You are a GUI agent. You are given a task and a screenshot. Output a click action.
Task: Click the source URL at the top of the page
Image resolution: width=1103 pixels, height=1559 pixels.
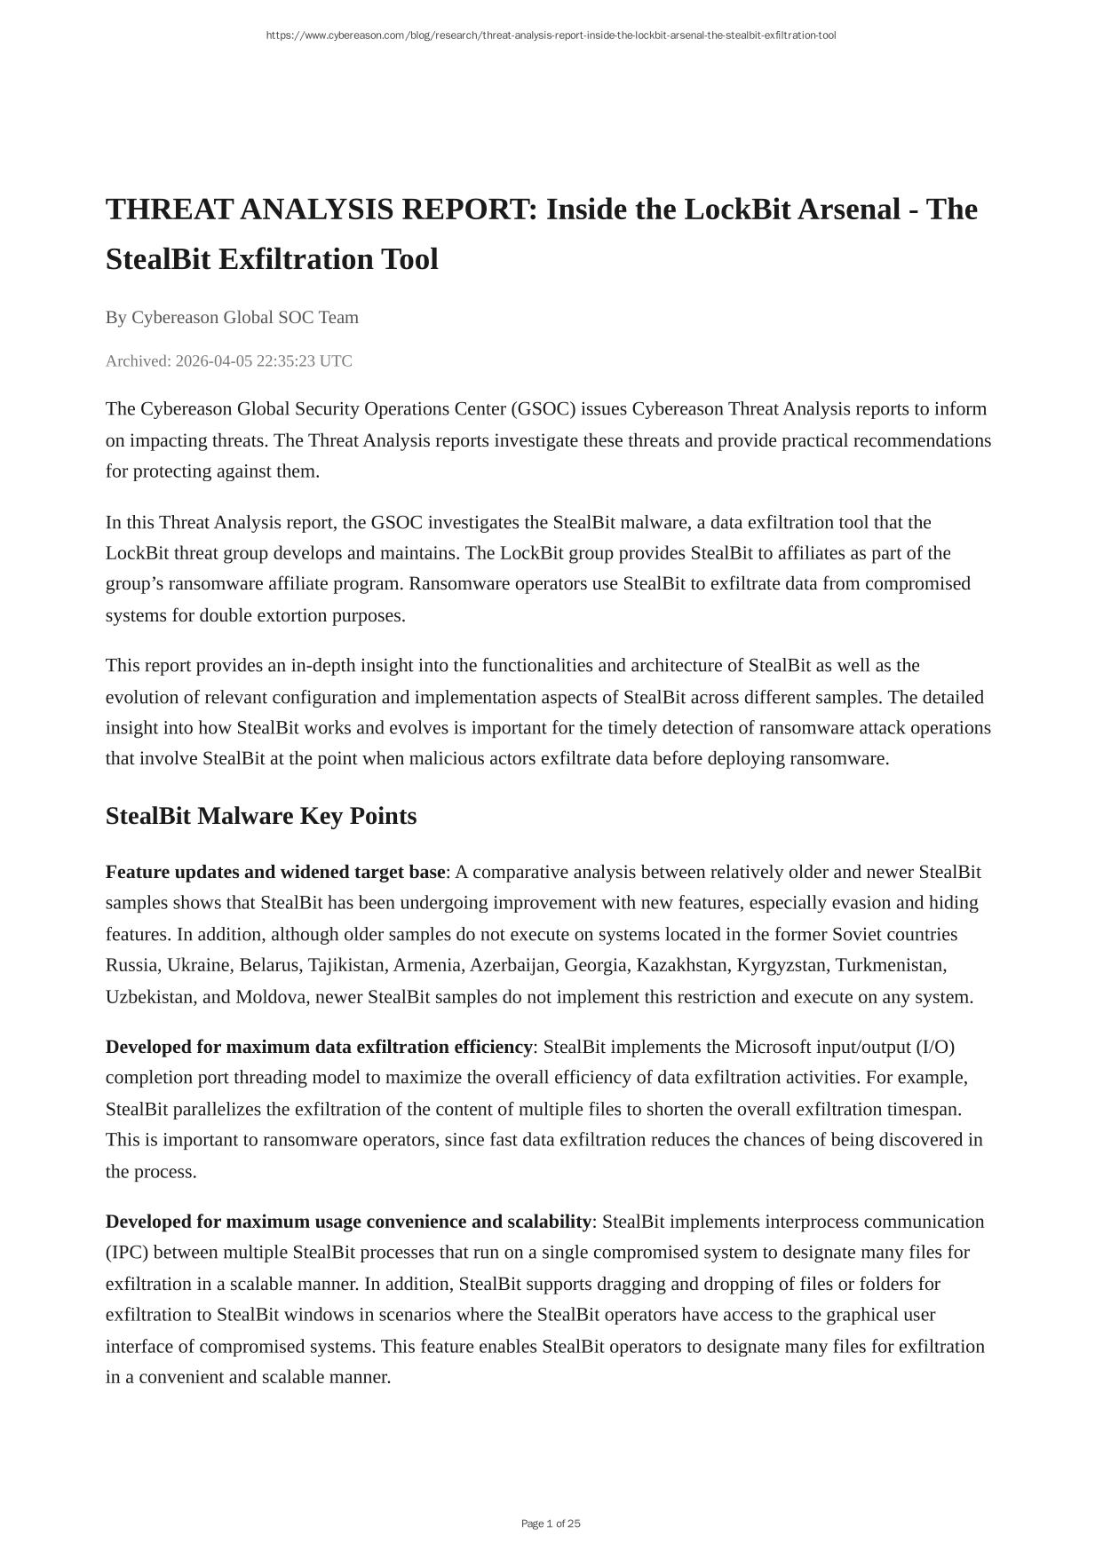[551, 36]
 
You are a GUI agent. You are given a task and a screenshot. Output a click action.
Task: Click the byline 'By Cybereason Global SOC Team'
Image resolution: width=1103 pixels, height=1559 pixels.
[232, 317]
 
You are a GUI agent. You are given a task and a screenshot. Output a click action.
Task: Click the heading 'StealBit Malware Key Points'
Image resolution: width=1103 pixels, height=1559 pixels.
[261, 816]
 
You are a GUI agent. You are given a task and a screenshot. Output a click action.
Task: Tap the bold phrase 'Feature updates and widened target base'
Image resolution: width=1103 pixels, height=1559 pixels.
[275, 872]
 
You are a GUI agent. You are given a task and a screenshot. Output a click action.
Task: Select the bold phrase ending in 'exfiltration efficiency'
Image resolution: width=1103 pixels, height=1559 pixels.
[319, 1047]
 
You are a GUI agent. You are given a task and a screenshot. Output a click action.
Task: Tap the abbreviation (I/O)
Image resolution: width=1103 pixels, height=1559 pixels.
[935, 1047]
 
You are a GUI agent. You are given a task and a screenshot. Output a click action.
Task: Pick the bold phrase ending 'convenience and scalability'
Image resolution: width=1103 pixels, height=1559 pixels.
[348, 1222]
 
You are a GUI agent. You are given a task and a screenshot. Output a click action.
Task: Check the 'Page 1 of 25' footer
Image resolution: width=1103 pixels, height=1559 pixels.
[551, 1523]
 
